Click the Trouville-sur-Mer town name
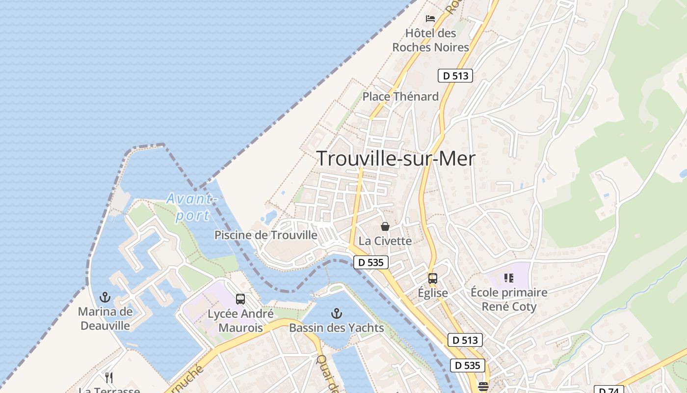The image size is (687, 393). tap(396, 159)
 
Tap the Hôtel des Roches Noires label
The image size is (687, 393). tap(430, 40)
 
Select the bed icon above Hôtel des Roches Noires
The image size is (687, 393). tap(430, 19)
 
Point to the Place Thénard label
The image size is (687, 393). tap(400, 97)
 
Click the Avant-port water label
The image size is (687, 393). tap(191, 207)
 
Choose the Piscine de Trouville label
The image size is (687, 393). tap(266, 235)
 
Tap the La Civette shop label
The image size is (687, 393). tap(385, 241)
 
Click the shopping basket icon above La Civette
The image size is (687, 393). tap(385, 226)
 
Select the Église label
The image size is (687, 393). tap(432, 293)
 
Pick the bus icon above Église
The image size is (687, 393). tap(432, 279)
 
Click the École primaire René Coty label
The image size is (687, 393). tap(509, 300)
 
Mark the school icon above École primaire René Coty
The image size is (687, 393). tap(509, 278)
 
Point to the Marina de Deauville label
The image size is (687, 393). tap(105, 318)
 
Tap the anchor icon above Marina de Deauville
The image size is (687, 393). tap(105, 297)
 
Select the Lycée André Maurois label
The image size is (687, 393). tap(240, 320)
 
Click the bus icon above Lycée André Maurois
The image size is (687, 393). tap(240, 299)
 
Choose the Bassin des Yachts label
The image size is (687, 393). tap(337, 328)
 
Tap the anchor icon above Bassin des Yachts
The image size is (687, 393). tap(337, 313)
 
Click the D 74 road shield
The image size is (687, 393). tap(608, 390)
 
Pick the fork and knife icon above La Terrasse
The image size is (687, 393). tap(109, 378)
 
